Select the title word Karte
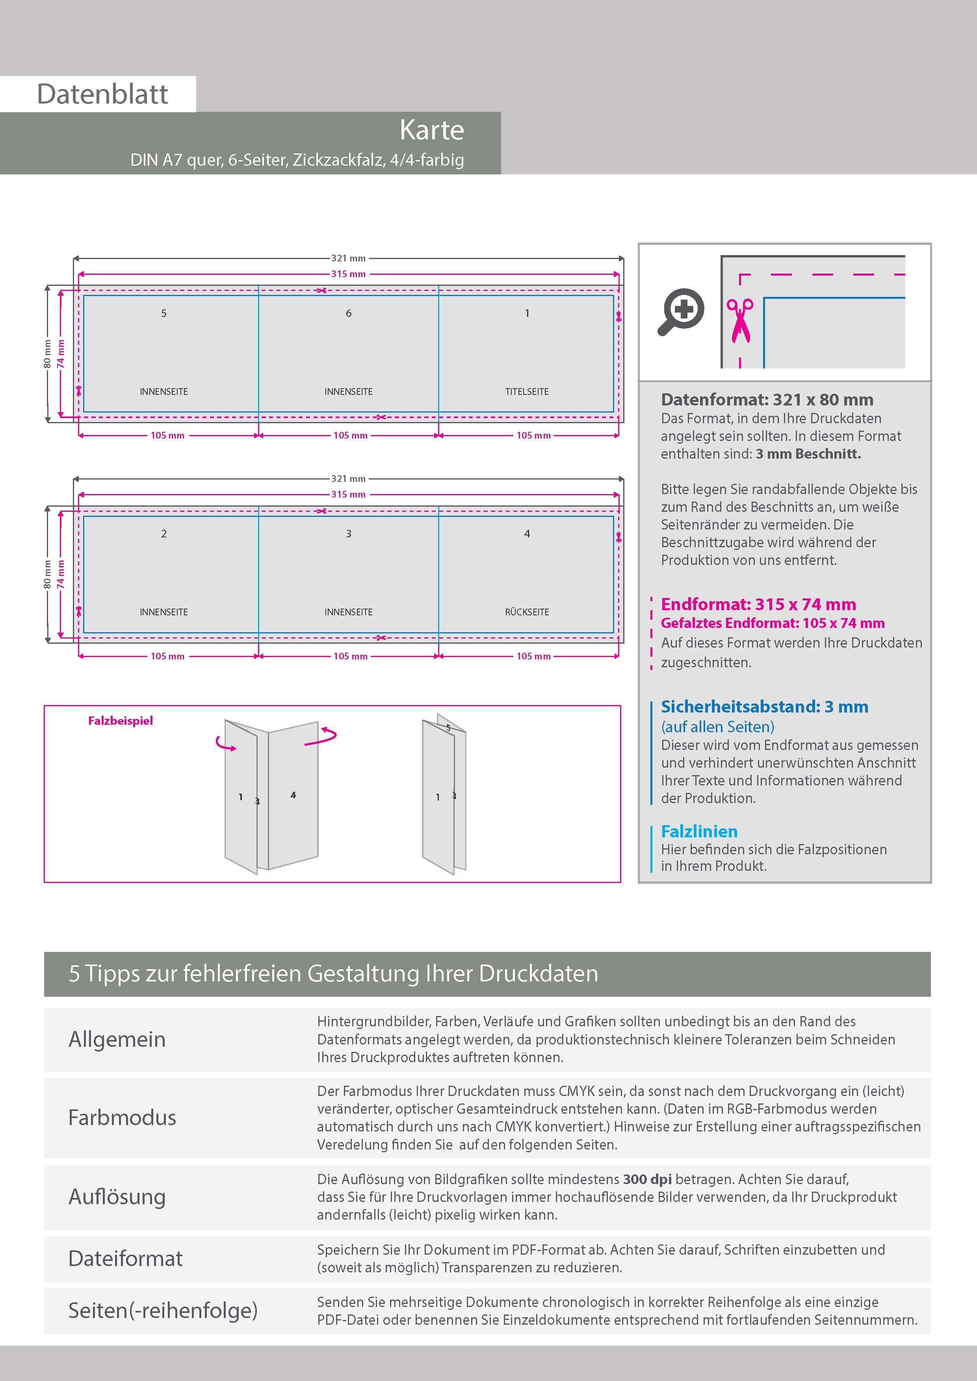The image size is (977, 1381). tap(432, 130)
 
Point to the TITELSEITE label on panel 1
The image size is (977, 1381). tap(527, 392)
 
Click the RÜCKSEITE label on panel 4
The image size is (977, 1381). tap(527, 612)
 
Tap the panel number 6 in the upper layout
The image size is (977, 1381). tap(349, 313)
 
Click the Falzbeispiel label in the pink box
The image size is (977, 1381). tap(121, 720)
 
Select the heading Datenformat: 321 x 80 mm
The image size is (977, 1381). tap(767, 400)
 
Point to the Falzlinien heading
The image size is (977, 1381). tap(699, 831)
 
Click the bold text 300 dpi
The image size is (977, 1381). tap(647, 1179)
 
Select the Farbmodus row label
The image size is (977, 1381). tap(122, 1118)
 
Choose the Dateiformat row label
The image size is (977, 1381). tap(125, 1258)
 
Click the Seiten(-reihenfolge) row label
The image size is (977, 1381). tap(163, 1310)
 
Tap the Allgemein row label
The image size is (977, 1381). tap(117, 1039)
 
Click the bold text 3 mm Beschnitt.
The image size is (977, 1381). tap(808, 454)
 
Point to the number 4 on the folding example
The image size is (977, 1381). tap(293, 795)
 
